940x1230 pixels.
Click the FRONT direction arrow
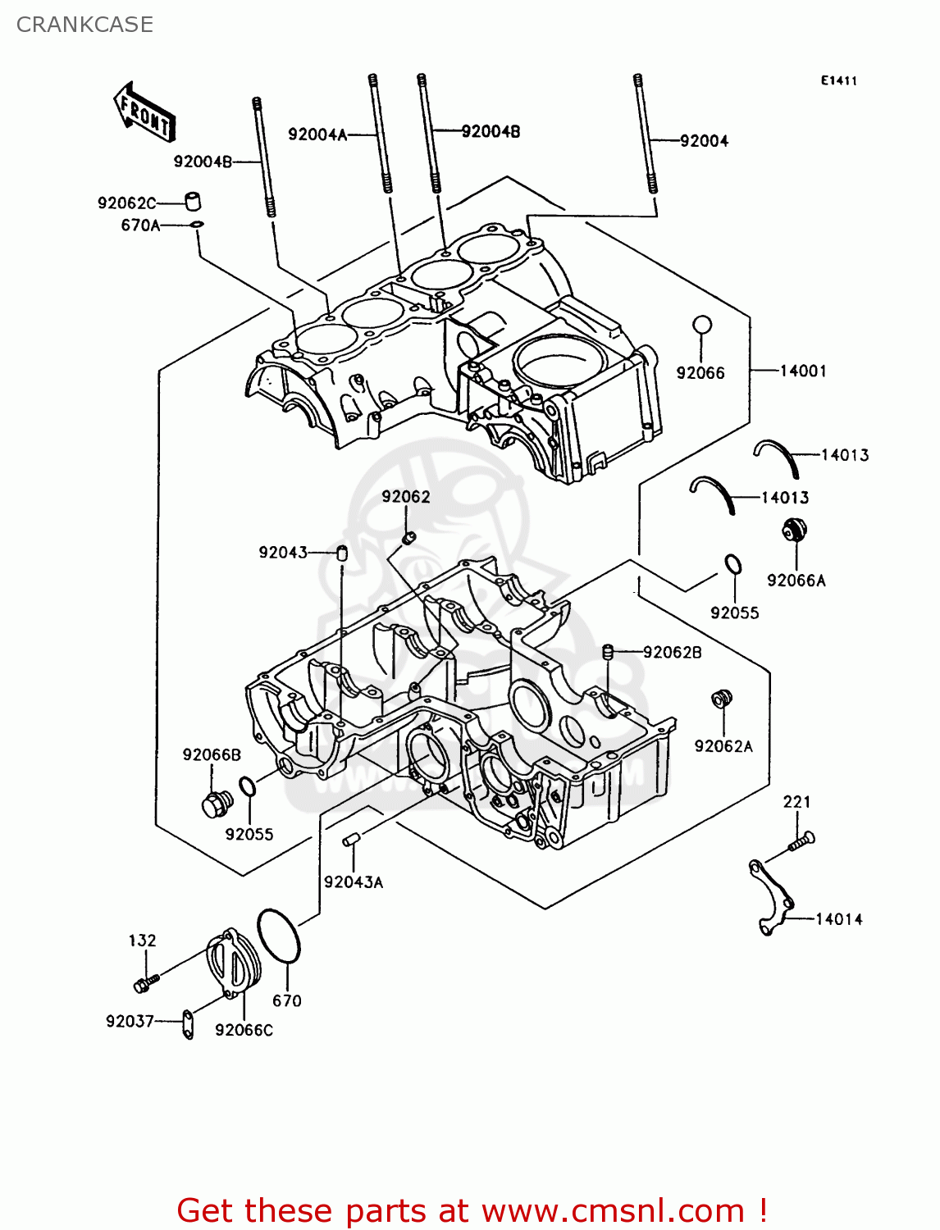pos(144,112)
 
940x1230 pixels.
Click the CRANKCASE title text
pos(84,25)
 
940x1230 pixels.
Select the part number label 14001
pos(802,371)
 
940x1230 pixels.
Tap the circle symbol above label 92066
pos(702,326)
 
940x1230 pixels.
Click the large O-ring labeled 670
pos(279,936)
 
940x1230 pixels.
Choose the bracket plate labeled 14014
pos(772,897)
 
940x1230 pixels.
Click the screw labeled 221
pos(801,841)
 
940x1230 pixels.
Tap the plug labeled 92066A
pos(794,530)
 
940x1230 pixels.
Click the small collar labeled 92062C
pos(191,201)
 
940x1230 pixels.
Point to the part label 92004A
pos(317,134)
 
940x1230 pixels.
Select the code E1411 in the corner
pos(838,80)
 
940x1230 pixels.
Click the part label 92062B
pos(672,653)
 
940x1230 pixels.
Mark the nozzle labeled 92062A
pos(721,699)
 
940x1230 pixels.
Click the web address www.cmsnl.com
pos(612,1210)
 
